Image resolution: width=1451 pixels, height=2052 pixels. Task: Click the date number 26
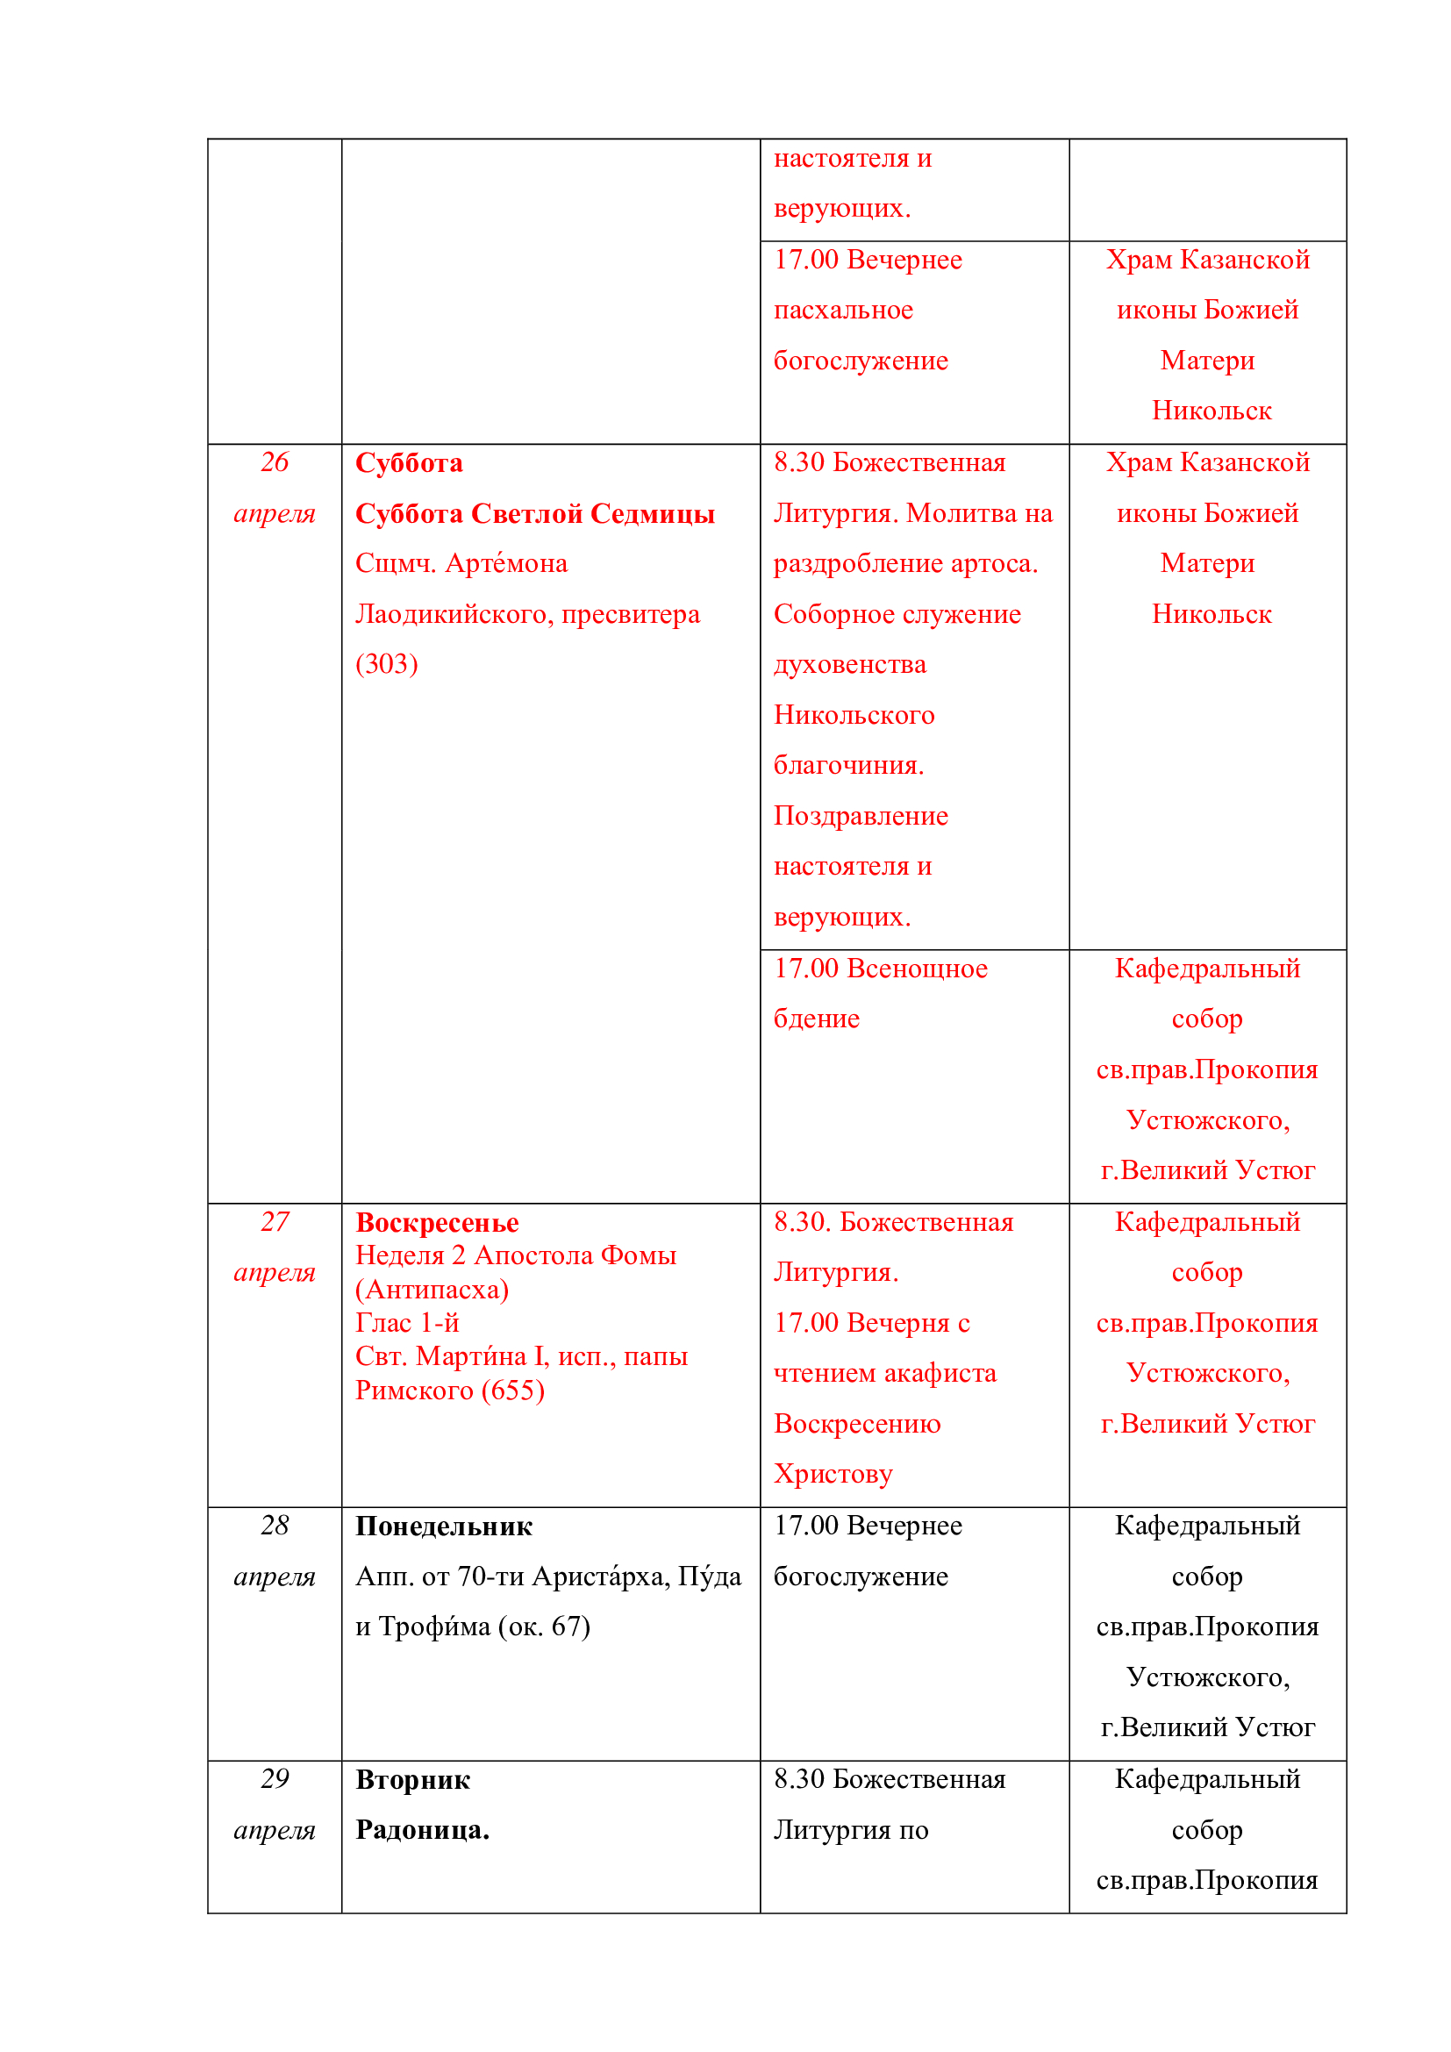(275, 462)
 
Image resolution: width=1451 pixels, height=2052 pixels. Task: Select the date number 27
(275, 1221)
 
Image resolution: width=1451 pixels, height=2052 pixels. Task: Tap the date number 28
(275, 1525)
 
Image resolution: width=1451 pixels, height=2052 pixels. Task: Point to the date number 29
(275, 1778)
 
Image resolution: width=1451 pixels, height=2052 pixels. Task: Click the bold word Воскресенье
(437, 1223)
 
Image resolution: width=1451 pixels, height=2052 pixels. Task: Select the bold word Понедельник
(443, 1526)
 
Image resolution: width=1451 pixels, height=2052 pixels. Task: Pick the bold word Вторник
(413, 1780)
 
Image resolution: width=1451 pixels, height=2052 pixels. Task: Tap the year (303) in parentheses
(386, 664)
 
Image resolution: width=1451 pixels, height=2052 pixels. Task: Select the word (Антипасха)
(432, 1290)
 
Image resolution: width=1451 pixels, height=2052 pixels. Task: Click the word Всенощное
(917, 968)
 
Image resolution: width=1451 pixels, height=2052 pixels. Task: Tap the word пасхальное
(842, 310)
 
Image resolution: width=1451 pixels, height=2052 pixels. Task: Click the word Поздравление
(861, 816)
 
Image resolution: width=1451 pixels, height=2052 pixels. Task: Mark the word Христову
(833, 1474)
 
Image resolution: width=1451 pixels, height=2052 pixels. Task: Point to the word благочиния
(848, 765)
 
